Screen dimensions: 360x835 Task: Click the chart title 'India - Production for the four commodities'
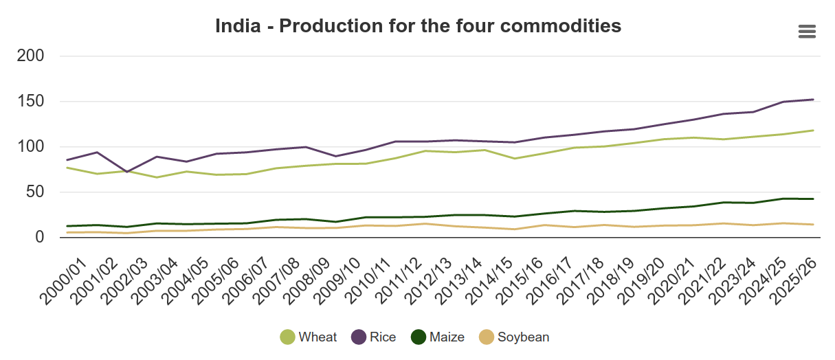pyautogui.click(x=418, y=26)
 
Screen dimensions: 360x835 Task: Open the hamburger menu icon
pyautogui.click(x=807, y=32)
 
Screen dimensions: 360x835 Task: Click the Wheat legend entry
pyautogui.click(x=309, y=337)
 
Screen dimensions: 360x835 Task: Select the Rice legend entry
pyautogui.click(x=374, y=337)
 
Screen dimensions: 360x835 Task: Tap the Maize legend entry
pyautogui.click(x=438, y=337)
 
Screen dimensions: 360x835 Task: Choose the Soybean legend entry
pyautogui.click(x=514, y=337)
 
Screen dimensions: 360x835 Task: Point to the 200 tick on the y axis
pyautogui.click(x=30, y=56)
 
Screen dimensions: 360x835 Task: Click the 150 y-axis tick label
pyautogui.click(x=30, y=102)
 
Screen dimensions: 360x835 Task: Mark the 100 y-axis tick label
pyautogui.click(x=30, y=147)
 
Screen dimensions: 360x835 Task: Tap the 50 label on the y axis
pyautogui.click(x=34, y=192)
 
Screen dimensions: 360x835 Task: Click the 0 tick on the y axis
pyautogui.click(x=39, y=238)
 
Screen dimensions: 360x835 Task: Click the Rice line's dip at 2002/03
pyautogui.click(x=126, y=172)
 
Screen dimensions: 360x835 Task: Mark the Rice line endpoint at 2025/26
pyautogui.click(x=814, y=100)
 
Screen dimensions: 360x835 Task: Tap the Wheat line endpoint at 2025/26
pyautogui.click(x=814, y=131)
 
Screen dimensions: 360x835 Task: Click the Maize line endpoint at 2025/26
pyautogui.click(x=814, y=199)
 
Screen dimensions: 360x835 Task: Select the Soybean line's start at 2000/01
pyautogui.click(x=67, y=232)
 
